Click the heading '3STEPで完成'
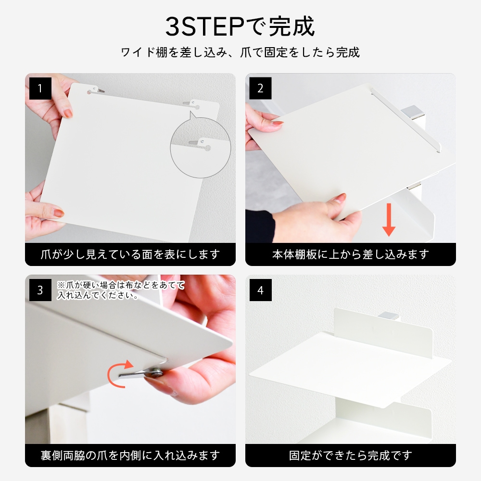coord(240,26)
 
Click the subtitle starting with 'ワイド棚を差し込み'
coord(240,52)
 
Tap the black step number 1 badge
coord(40,89)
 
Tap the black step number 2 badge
coord(260,89)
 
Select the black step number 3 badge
coord(40,290)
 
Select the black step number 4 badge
coord(260,290)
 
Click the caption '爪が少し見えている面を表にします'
coord(130,254)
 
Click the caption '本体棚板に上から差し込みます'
coord(351,254)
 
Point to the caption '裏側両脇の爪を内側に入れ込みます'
coord(130,456)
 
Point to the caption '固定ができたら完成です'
coord(351,456)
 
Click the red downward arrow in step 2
coord(389,220)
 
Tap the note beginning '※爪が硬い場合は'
coord(121,290)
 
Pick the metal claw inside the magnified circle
coord(196,142)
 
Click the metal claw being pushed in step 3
coord(141,373)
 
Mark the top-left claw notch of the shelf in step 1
coord(96,90)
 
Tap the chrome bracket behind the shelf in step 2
coord(413,112)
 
